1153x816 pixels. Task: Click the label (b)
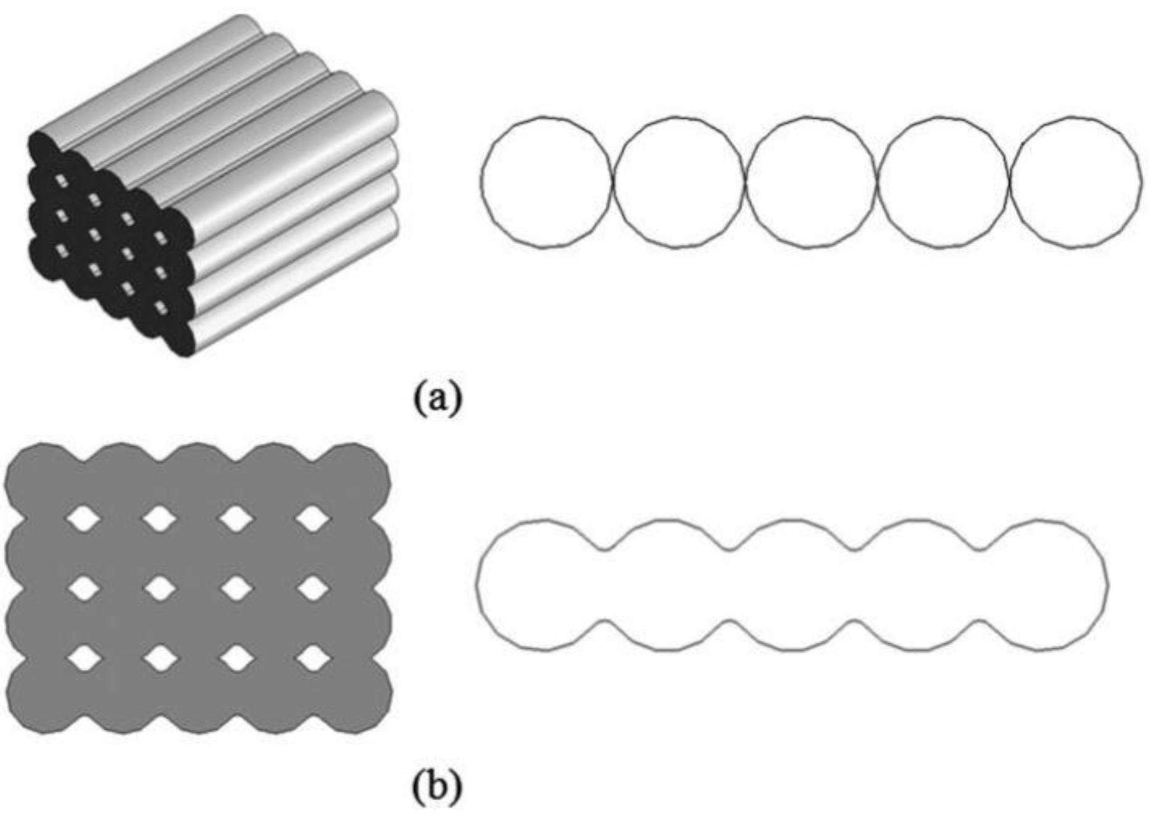coord(437,786)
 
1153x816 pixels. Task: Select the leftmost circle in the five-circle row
coord(546,182)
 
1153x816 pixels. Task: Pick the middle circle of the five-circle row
coord(810,182)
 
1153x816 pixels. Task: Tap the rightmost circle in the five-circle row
coord(1075,182)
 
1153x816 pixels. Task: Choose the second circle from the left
coord(678,182)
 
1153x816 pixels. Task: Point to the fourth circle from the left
coord(943,182)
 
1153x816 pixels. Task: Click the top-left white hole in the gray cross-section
coord(84,519)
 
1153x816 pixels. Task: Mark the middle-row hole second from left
coord(161,589)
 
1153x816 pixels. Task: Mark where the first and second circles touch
coord(613,182)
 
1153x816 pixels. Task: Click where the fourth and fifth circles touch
coord(1009,182)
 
